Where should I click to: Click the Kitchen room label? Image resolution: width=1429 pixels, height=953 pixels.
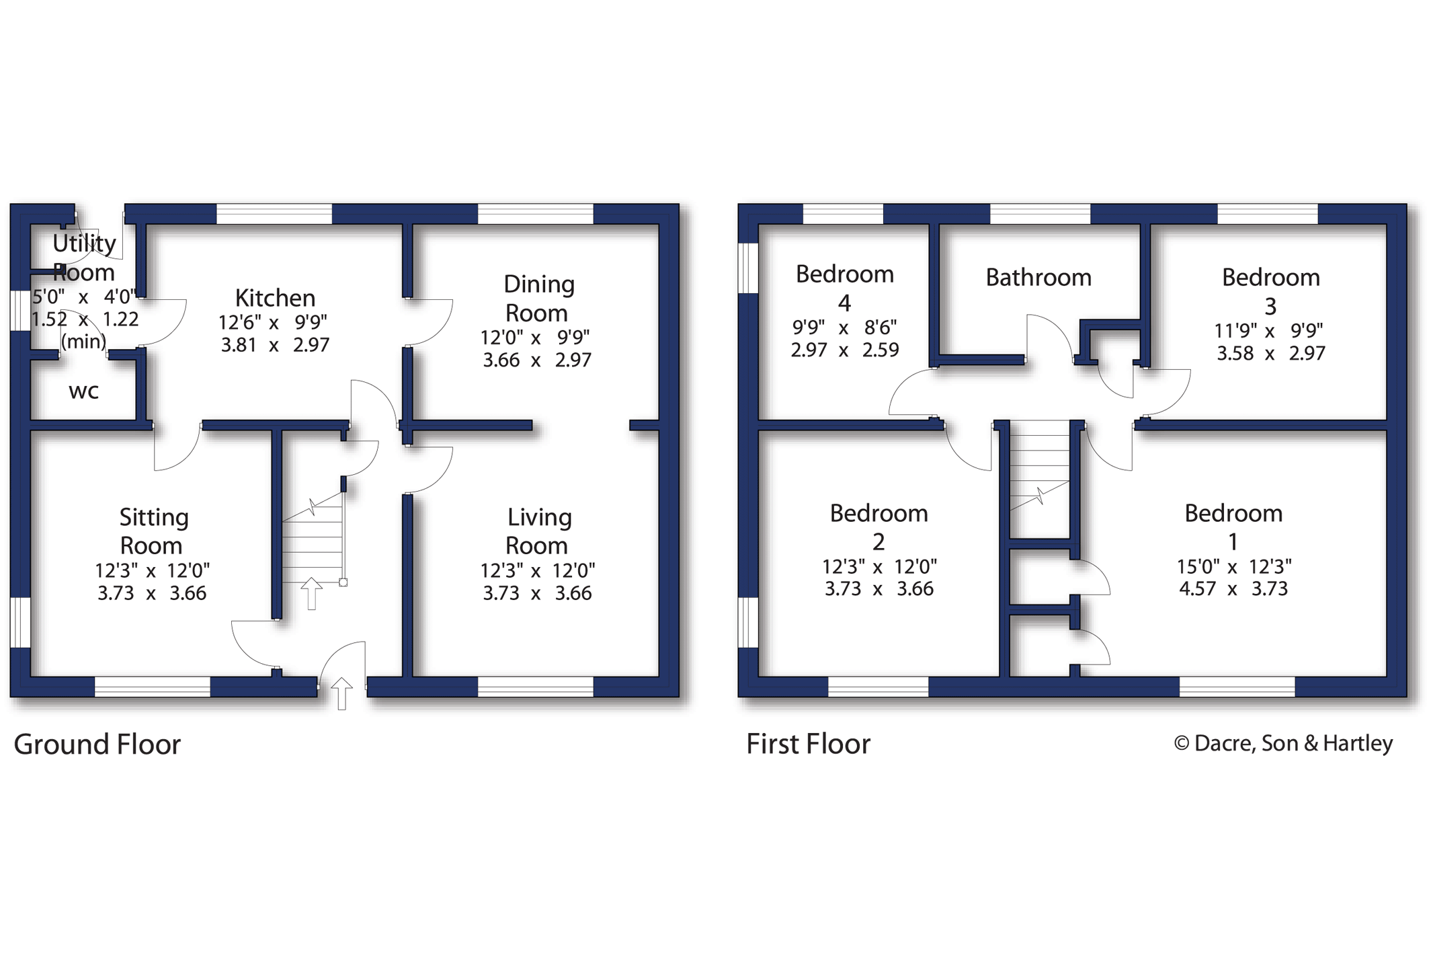[275, 297]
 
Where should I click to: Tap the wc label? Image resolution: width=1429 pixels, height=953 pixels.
[83, 391]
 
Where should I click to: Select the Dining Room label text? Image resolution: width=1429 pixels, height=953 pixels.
[538, 299]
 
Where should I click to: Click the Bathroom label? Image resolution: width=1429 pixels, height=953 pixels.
[1038, 277]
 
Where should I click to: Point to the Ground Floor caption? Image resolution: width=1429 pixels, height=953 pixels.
[97, 745]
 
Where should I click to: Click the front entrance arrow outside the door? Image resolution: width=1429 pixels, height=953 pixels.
[341, 693]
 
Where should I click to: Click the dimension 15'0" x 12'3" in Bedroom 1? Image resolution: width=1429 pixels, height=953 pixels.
[1233, 566]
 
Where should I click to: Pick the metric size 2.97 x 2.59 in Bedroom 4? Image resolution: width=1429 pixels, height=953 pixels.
[844, 350]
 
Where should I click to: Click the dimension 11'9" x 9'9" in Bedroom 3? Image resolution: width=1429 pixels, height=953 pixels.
[1268, 331]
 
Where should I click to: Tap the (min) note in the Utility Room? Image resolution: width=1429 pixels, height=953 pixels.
[83, 342]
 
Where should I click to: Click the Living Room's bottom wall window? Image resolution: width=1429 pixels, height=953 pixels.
[535, 686]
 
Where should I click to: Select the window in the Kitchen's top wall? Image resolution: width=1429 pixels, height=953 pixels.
[274, 214]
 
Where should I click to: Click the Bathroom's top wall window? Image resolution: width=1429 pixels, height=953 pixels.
[1039, 214]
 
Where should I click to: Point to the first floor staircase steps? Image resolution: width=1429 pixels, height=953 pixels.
[1039, 471]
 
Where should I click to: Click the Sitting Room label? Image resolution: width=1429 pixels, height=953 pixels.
[153, 531]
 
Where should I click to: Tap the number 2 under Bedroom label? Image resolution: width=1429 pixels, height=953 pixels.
[878, 542]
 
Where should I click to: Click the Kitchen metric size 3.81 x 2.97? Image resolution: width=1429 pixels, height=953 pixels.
[275, 345]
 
